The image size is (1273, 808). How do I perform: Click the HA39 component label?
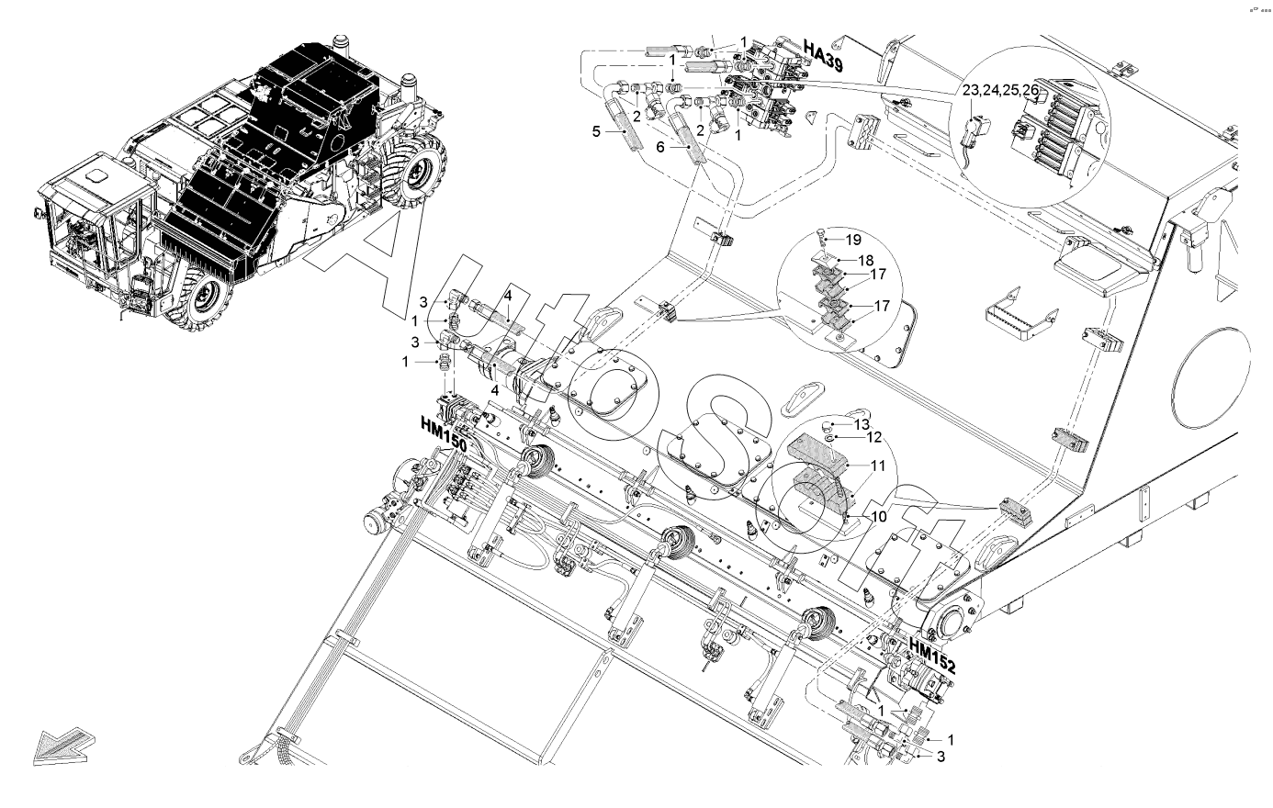(824, 52)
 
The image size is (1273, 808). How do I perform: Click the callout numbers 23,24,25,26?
(1000, 91)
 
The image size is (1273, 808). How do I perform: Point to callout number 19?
(853, 240)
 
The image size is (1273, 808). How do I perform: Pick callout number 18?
(866, 260)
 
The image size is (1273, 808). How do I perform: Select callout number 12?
(874, 437)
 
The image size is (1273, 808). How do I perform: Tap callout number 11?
(878, 466)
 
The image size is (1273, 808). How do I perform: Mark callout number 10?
(878, 516)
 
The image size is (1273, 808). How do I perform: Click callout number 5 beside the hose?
(595, 132)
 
